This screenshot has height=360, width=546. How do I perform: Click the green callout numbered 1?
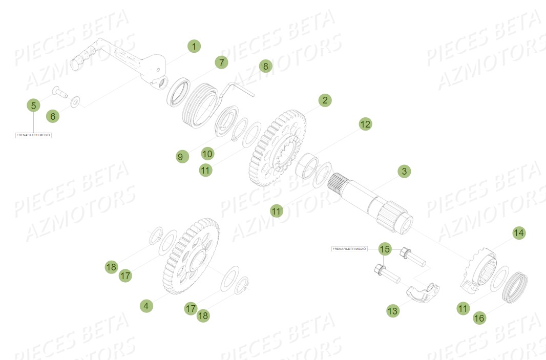pyautogui.click(x=194, y=47)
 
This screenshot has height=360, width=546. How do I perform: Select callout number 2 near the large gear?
pyautogui.click(x=324, y=100)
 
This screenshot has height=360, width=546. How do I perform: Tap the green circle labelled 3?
pyautogui.click(x=404, y=172)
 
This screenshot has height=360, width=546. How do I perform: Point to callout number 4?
pyautogui.click(x=146, y=306)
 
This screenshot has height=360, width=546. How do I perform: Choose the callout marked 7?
pyautogui.click(x=221, y=63)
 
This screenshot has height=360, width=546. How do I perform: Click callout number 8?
pyautogui.click(x=265, y=66)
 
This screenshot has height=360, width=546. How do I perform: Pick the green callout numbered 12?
pyautogui.click(x=365, y=124)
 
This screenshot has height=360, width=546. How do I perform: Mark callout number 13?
pyautogui.click(x=392, y=310)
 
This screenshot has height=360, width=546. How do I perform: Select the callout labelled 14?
pyautogui.click(x=519, y=233)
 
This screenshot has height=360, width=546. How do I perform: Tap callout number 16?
pyautogui.click(x=479, y=318)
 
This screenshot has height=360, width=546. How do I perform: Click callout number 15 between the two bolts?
pyautogui.click(x=385, y=249)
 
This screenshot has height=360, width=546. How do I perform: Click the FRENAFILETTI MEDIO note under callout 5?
pyautogui.click(x=33, y=135)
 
